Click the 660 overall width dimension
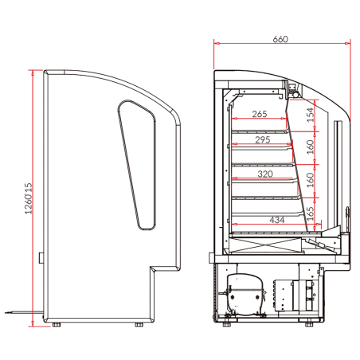(x=280, y=38)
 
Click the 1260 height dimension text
(x=27, y=199)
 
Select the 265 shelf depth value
(x=258, y=114)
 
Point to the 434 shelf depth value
(x=276, y=218)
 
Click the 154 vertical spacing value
(x=310, y=114)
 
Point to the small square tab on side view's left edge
(x=41, y=256)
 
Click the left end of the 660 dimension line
(x=215, y=45)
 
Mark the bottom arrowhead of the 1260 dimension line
(x=32, y=325)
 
